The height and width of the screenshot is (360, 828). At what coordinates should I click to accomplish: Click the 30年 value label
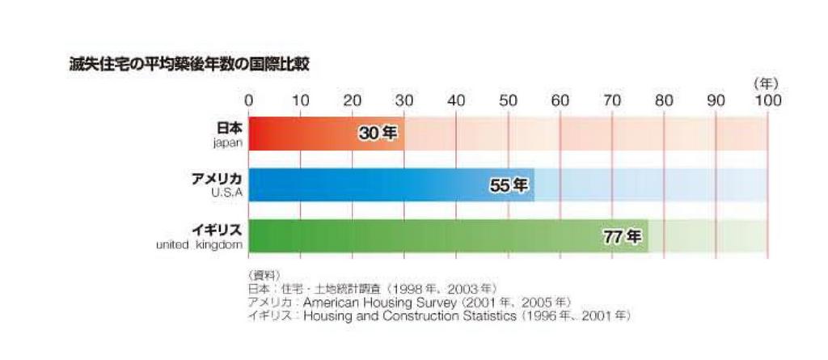click(378, 133)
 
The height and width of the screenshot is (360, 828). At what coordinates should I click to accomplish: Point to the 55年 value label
click(509, 185)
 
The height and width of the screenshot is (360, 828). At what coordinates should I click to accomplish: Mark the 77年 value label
click(623, 237)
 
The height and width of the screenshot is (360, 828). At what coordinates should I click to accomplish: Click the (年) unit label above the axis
click(765, 84)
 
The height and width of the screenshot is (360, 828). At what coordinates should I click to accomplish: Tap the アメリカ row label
click(213, 179)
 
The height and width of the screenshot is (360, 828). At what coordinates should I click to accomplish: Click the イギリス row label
click(213, 231)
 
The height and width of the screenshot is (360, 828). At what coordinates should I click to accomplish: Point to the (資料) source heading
click(262, 275)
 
